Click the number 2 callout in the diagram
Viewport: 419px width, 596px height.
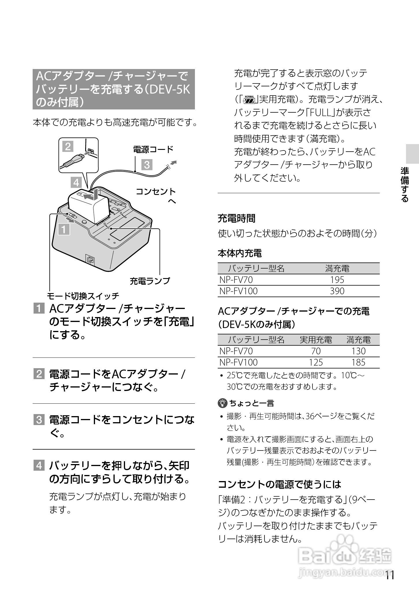coord(68,147)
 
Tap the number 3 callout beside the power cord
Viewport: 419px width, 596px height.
coord(147,165)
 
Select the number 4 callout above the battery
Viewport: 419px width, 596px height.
coord(76,182)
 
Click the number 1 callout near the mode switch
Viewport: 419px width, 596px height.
coord(64,230)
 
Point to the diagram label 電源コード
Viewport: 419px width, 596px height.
coord(153,150)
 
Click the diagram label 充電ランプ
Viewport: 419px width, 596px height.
coord(150,281)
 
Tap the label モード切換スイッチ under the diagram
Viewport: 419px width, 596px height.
coord(83,296)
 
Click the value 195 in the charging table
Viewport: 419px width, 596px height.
coord(337,280)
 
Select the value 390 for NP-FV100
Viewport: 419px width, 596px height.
coord(337,291)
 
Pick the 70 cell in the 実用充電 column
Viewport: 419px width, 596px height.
coord(316,351)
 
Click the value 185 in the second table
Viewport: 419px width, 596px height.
coord(358,362)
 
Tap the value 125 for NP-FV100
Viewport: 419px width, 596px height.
coord(316,362)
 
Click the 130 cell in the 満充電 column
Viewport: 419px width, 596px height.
coord(358,351)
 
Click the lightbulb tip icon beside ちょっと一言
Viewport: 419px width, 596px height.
coord(222,403)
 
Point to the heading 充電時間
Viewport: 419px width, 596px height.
coord(236,219)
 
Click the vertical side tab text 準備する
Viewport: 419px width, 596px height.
coord(405,185)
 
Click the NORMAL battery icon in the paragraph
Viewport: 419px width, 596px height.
coord(249,99)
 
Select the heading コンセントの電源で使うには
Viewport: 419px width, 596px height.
coord(280,484)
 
